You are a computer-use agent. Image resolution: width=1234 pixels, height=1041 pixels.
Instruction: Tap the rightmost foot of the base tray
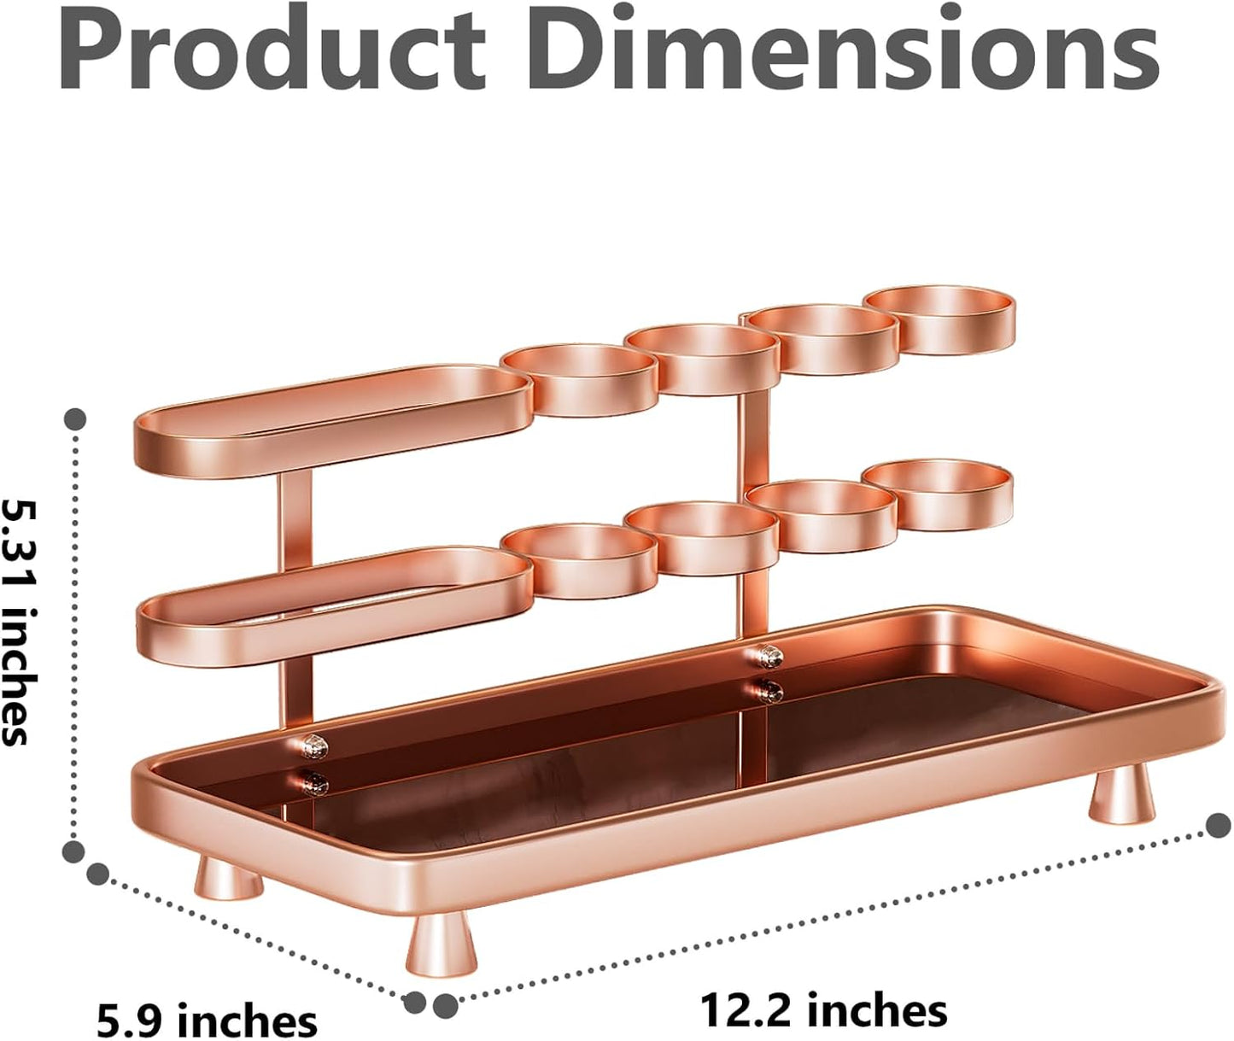pyautogui.click(x=1120, y=794)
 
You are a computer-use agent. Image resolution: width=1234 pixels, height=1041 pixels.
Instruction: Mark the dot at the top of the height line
pyautogui.click(x=75, y=419)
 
